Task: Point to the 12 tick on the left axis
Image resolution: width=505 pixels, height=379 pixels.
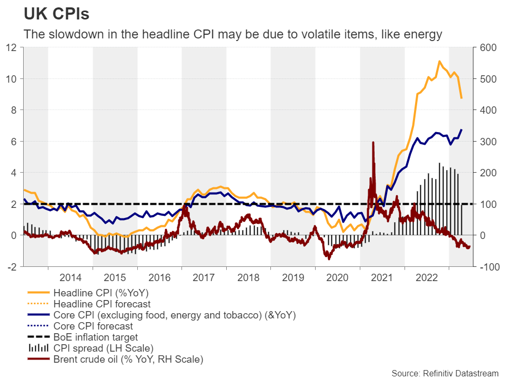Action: pyautogui.click(x=12, y=47)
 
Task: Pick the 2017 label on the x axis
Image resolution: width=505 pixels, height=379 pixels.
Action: pyautogui.click(x=204, y=277)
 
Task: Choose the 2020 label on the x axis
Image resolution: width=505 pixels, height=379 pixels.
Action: pyautogui.click(x=338, y=277)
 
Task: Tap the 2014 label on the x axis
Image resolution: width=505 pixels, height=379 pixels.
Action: pyautogui.click(x=70, y=277)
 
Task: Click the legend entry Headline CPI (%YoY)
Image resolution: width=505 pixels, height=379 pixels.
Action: pyautogui.click(x=100, y=293)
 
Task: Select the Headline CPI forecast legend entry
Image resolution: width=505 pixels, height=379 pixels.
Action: pyautogui.click(x=102, y=304)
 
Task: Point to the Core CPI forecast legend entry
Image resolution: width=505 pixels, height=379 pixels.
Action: pyautogui.click(x=92, y=326)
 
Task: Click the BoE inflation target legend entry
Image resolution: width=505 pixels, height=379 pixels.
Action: pyautogui.click(x=96, y=337)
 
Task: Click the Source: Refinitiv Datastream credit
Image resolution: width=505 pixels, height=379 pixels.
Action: pyautogui.click(x=446, y=373)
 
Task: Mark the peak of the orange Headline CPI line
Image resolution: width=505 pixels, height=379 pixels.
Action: pyautogui.click(x=439, y=62)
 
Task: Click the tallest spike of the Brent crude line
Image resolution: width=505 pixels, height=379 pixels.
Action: pyautogui.click(x=373, y=142)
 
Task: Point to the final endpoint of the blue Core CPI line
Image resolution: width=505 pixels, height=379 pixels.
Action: pyautogui.click(x=461, y=130)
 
